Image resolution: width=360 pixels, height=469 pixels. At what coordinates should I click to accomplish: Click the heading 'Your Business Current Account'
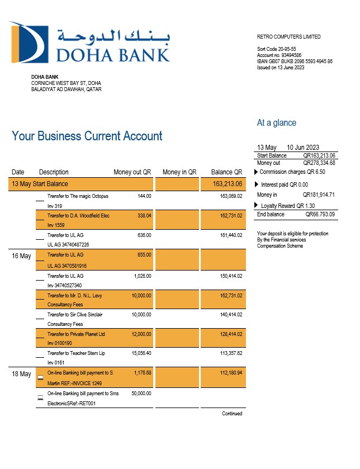tap(87, 136)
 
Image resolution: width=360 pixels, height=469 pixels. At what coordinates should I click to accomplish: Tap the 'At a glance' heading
tap(276, 123)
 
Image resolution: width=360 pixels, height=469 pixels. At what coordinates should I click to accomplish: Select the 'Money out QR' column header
tap(132, 172)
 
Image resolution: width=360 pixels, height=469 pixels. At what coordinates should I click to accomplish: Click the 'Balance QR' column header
tap(226, 172)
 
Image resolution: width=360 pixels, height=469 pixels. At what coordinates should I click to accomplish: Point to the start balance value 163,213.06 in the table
tap(227, 184)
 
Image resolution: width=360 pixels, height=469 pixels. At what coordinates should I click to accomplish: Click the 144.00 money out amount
tap(144, 196)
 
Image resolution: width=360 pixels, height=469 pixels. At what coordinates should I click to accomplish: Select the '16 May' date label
tap(22, 256)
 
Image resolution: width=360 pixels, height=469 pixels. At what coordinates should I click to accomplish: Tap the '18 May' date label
tap(22, 374)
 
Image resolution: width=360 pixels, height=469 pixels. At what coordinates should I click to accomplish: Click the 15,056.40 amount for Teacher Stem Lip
tap(141, 353)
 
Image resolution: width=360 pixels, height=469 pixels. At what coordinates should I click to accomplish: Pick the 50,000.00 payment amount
tap(141, 394)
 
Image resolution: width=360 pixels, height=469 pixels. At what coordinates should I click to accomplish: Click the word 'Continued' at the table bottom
tap(232, 414)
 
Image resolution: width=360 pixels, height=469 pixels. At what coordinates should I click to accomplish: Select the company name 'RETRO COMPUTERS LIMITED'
tap(288, 37)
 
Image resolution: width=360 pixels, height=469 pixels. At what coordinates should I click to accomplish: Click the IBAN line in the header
tap(295, 61)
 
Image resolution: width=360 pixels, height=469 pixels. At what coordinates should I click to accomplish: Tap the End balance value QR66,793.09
tap(320, 214)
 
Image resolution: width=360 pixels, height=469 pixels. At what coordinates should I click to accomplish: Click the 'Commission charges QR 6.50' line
tap(292, 172)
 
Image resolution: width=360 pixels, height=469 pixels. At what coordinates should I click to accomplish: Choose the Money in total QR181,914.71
tap(319, 195)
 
